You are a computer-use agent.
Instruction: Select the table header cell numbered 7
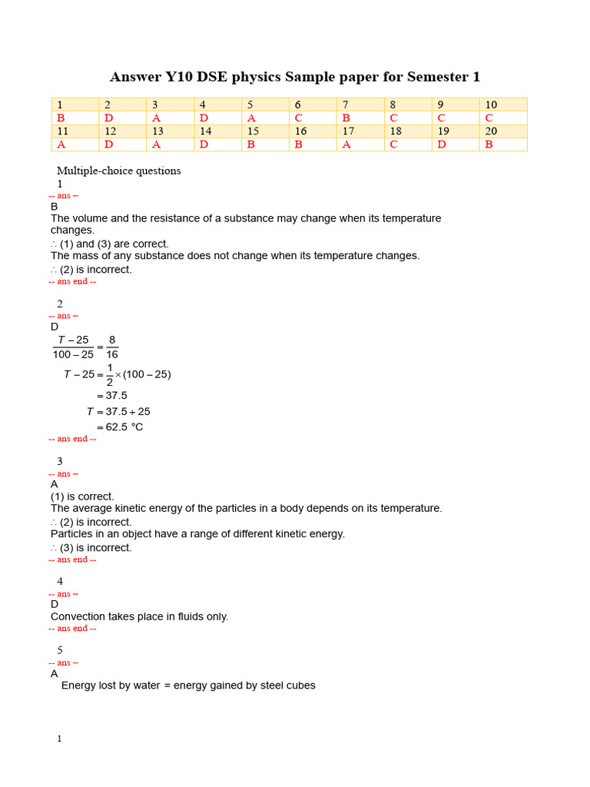click(360, 105)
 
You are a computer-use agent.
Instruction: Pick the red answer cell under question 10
click(502, 118)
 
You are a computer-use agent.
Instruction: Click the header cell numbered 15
click(265, 131)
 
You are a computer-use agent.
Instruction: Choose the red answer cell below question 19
click(455, 144)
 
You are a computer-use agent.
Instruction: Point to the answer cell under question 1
click(75, 118)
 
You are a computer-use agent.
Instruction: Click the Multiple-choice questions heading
click(119, 171)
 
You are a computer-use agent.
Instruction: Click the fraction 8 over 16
click(112, 347)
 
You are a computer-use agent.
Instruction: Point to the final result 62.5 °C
click(124, 427)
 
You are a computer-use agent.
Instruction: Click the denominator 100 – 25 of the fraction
click(73, 354)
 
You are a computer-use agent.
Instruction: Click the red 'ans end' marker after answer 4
click(72, 628)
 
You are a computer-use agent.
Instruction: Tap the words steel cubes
click(287, 686)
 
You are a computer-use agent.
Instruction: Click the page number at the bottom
click(59, 739)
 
